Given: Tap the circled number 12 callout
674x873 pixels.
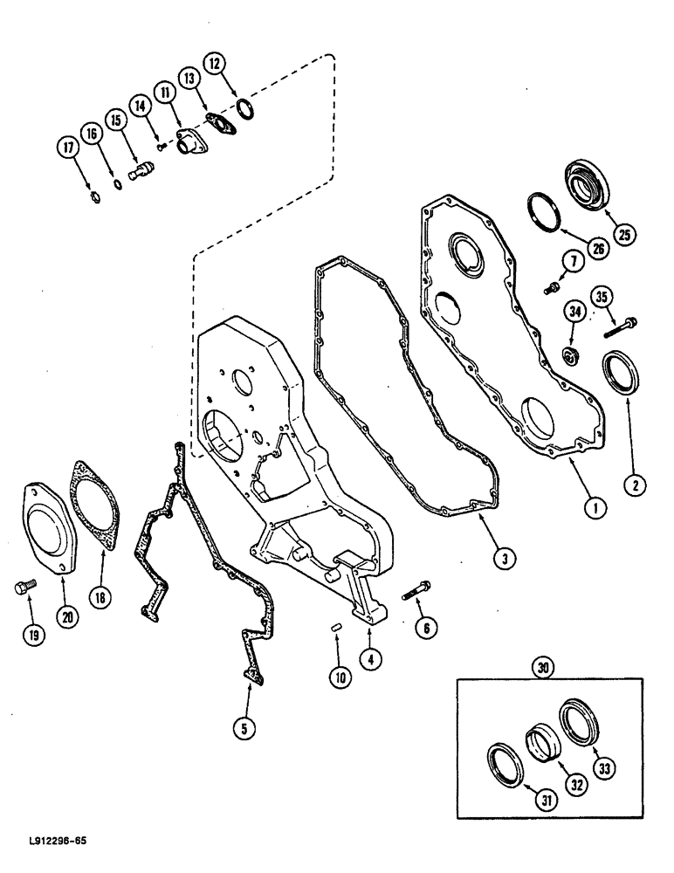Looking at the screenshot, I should [x=216, y=63].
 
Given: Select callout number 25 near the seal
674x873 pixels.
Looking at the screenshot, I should [x=624, y=233].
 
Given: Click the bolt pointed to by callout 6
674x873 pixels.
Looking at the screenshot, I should [x=414, y=591].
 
